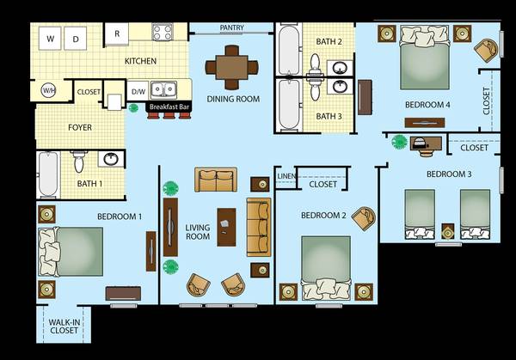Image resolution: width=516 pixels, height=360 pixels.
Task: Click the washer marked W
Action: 50,39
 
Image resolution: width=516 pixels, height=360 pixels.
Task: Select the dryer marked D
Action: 76,39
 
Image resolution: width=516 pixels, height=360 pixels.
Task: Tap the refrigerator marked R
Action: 117,34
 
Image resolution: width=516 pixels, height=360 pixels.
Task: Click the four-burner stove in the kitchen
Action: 163,32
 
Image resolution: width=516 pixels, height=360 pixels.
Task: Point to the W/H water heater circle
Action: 48,90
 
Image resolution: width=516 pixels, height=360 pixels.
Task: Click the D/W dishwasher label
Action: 138,92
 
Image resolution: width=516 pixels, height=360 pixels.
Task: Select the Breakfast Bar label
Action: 169,107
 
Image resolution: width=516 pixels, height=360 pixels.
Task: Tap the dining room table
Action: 231,67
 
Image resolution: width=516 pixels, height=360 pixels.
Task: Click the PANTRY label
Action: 231,27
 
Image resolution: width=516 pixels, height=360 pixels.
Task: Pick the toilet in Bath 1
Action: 78,161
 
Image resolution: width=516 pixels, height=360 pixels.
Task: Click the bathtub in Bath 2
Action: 289,50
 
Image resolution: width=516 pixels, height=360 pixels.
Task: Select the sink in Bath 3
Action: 340,87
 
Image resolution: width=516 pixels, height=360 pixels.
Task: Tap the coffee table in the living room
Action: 226,227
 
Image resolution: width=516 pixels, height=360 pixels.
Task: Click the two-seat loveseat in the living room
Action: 216,180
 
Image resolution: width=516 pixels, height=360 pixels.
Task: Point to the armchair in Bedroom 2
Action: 364,218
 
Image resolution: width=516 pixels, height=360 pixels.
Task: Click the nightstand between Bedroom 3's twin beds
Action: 447,232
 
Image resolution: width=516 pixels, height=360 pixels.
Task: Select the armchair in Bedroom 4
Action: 487,50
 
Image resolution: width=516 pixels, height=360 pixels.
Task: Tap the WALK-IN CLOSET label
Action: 64,326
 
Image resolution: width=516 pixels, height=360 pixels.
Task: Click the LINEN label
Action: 286,176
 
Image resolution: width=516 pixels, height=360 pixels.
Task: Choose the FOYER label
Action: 80,127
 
